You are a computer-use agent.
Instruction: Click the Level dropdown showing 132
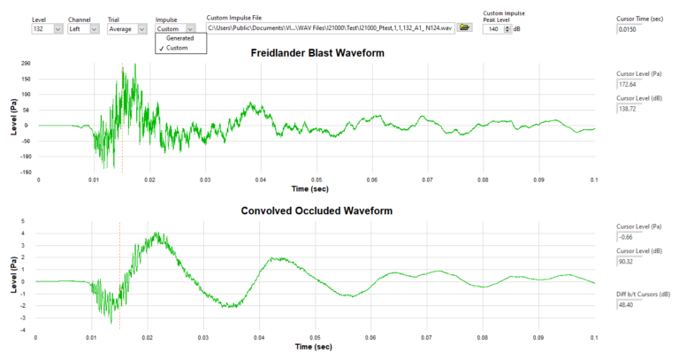[46, 28]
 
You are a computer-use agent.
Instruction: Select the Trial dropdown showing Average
[126, 28]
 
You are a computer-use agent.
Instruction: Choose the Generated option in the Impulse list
[179, 38]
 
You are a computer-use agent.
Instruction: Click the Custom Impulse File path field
[329, 28]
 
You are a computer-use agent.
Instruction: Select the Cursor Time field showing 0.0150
[633, 30]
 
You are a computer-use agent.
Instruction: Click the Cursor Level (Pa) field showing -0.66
[633, 237]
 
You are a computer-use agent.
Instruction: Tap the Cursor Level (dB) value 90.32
[633, 261]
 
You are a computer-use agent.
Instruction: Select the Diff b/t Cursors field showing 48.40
[633, 304]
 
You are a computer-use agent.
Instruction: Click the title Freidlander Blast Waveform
[317, 53]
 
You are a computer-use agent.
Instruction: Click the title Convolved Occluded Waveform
[316, 211]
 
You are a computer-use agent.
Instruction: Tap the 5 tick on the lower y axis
[27, 221]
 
